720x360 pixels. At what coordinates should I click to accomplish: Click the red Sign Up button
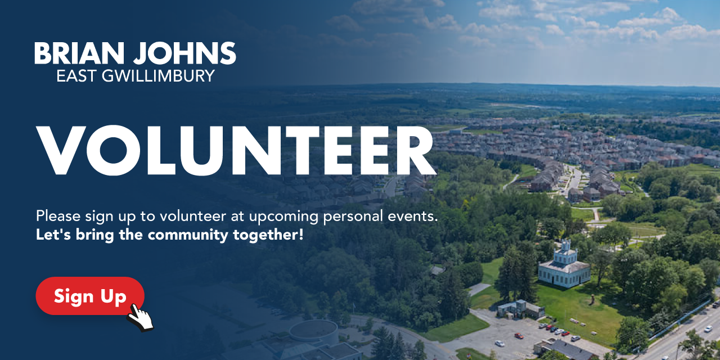[x=90, y=296]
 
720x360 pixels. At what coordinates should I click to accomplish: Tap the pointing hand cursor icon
[x=140, y=318]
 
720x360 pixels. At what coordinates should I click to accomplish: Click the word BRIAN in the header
[x=79, y=53]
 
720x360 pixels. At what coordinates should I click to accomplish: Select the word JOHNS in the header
[x=185, y=53]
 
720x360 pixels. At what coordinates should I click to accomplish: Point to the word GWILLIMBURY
[x=158, y=76]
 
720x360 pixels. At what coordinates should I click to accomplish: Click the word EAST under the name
[x=76, y=76]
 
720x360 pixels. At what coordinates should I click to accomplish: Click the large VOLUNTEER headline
[x=236, y=150]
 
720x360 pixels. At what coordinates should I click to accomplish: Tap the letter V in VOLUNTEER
[x=61, y=150]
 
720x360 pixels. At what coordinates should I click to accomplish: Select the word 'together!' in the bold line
[x=268, y=235]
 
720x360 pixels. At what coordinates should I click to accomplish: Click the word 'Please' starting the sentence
[x=58, y=215]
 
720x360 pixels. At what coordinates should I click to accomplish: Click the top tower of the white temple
[x=566, y=246]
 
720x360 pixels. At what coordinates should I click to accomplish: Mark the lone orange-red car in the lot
[x=519, y=336]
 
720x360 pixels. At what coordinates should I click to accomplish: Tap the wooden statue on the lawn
[x=591, y=300]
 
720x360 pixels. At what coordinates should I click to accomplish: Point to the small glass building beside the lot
[x=520, y=309]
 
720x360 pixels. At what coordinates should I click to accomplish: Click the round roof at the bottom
[x=313, y=330]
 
